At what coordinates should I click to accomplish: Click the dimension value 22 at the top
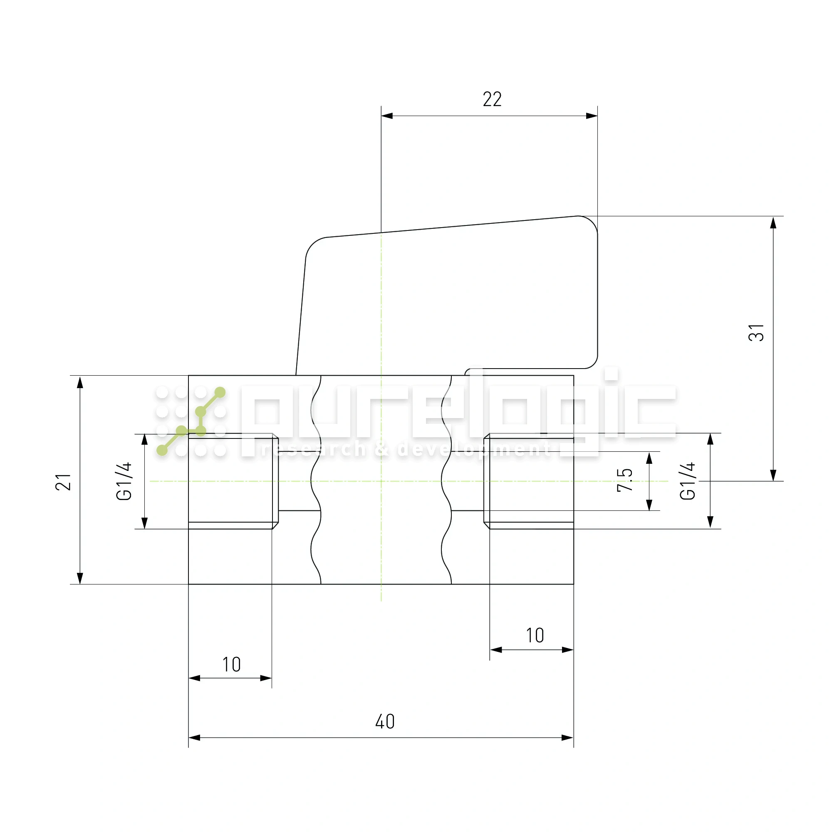coord(492,99)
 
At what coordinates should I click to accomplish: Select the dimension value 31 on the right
coord(756,333)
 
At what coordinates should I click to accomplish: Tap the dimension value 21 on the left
coord(63,482)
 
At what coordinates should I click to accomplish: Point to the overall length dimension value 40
coord(384,721)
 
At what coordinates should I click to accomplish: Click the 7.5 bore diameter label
coord(624,480)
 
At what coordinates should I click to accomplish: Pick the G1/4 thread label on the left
coord(124,481)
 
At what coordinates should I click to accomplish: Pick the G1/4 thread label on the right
coord(688,481)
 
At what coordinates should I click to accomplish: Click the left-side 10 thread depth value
coord(231,664)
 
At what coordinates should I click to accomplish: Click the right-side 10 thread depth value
coord(535,636)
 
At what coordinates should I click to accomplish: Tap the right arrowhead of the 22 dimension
coord(592,116)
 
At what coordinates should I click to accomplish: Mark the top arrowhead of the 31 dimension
coord(773,223)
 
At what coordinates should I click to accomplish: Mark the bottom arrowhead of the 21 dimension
coord(80,578)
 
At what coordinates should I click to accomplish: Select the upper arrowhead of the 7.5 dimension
coord(649,458)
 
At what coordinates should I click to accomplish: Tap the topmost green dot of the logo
coord(220,392)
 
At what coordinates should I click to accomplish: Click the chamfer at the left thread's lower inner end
coord(275,525)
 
